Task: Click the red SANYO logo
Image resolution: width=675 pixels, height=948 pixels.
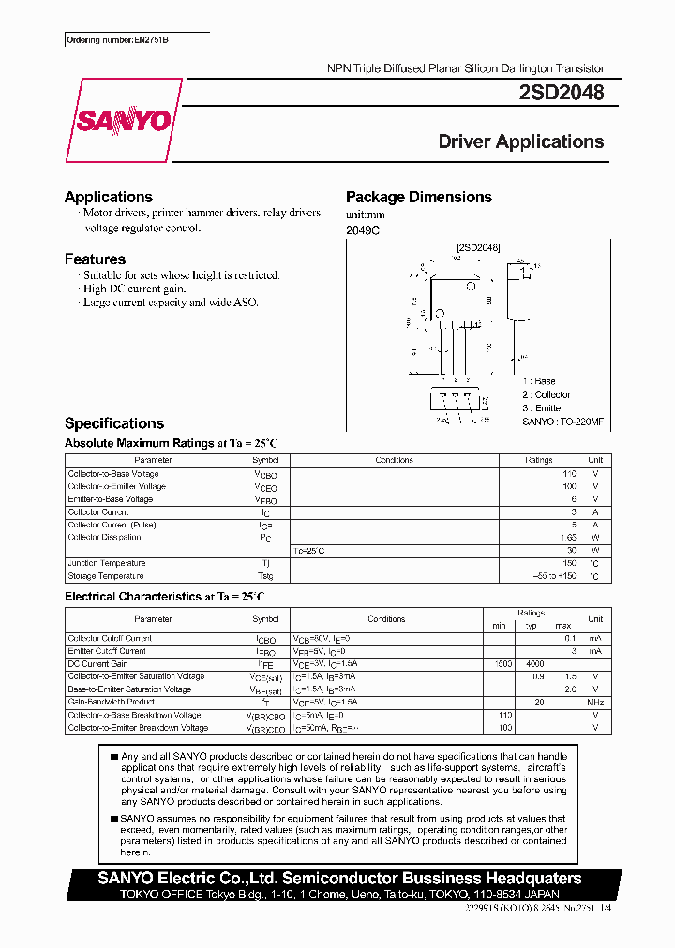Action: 122,121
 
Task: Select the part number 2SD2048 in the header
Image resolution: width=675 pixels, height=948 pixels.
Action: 561,94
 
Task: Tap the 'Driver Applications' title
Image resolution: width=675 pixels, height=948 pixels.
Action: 520,141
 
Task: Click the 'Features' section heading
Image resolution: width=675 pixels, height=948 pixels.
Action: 95,259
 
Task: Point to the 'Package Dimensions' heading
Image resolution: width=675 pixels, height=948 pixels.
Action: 418,197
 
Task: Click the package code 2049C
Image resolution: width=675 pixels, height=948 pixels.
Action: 363,230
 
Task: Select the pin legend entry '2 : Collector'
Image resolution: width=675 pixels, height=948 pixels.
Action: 547,394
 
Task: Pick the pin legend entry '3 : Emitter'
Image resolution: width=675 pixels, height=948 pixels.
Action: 544,407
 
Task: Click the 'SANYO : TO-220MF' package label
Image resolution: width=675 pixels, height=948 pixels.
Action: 562,422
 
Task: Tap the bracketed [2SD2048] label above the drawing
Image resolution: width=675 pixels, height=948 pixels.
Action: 478,247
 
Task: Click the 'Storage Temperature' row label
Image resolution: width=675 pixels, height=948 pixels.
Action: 106,576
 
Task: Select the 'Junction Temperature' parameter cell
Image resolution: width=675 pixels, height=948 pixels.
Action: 108,563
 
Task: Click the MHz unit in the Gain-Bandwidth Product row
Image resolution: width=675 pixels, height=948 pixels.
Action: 594,702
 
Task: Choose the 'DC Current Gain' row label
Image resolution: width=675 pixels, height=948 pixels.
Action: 98,663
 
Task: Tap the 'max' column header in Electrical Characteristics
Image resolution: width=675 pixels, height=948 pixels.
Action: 562,625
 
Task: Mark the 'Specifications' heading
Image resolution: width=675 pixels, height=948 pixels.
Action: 114,423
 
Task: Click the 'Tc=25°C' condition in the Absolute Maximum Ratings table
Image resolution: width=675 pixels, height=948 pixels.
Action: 310,550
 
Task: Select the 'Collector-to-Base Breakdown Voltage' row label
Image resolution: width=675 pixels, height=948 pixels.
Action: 137,715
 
